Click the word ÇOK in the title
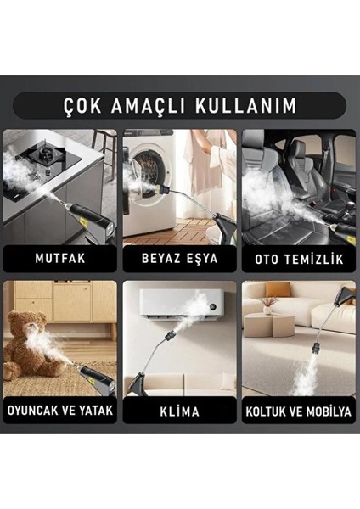point(82,105)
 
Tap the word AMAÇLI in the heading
point(148,105)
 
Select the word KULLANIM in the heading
point(246,105)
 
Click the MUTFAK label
point(60,259)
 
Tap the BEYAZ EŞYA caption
point(180,259)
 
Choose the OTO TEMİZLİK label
point(299,259)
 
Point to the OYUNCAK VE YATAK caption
point(60,411)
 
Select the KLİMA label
point(180,411)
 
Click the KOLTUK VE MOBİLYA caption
point(299,411)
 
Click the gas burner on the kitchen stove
point(46,154)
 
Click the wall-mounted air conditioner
point(182,304)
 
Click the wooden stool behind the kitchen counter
point(104,153)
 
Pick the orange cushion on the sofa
point(277,289)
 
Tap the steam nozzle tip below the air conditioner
point(172,334)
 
